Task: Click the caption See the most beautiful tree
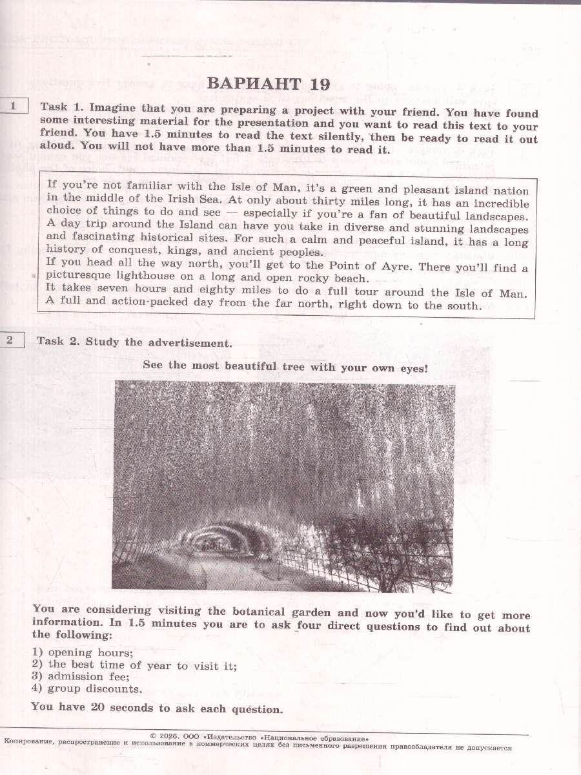pyautogui.click(x=285, y=366)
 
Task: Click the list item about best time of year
pyautogui.click(x=142, y=665)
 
